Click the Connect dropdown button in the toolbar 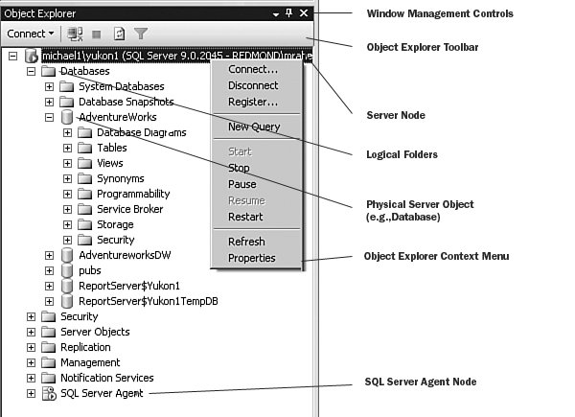(x=31, y=34)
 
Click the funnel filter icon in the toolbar (x=141, y=34)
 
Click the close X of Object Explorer (x=304, y=13)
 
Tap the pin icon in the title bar (x=289, y=13)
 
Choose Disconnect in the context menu (x=253, y=85)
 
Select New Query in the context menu (x=254, y=127)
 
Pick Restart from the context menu (x=245, y=217)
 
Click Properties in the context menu (x=251, y=258)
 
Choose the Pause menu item (x=242, y=184)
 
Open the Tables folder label (x=112, y=148)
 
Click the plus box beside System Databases (x=49, y=86)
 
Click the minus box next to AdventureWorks (x=49, y=117)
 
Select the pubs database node (x=90, y=270)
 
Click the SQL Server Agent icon (x=49, y=394)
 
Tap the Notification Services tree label (x=107, y=378)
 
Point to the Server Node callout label (x=396, y=115)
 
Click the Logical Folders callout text (x=402, y=154)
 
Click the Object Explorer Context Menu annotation (x=436, y=256)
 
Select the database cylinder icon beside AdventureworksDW (x=67, y=255)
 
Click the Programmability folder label (x=133, y=194)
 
